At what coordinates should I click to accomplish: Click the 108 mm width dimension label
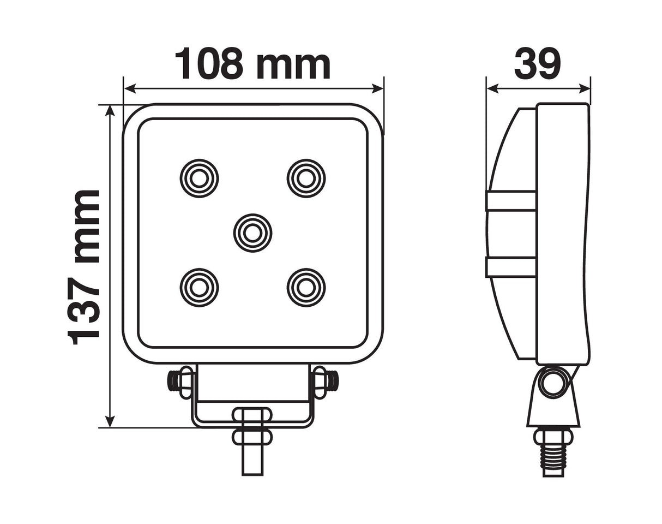click(252, 64)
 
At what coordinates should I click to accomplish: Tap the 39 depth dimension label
click(537, 64)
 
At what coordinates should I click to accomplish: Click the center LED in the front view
click(252, 233)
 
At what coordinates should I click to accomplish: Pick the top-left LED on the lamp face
click(199, 178)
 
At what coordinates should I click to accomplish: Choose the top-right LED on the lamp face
click(306, 178)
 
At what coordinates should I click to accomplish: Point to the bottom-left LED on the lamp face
click(199, 287)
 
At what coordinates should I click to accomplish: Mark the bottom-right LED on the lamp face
click(306, 287)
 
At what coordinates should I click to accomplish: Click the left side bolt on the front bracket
click(180, 380)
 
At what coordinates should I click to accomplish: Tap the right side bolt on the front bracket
click(325, 380)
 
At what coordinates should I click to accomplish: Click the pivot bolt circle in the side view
click(552, 382)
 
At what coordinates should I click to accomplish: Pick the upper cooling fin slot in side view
click(511, 201)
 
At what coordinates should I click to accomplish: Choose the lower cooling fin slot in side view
click(511, 267)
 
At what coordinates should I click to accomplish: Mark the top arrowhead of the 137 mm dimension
click(110, 111)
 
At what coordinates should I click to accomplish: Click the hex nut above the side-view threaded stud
click(553, 437)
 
